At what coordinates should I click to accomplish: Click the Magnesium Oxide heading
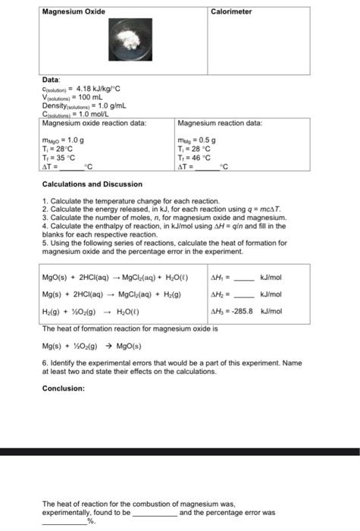pyautogui.click(x=74, y=11)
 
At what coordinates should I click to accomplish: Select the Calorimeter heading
pyautogui.click(x=231, y=11)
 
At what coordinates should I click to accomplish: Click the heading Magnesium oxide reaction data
pyautogui.click(x=94, y=123)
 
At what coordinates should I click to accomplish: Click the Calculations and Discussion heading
pyautogui.click(x=92, y=184)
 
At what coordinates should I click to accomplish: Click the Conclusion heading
pyautogui.click(x=64, y=388)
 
